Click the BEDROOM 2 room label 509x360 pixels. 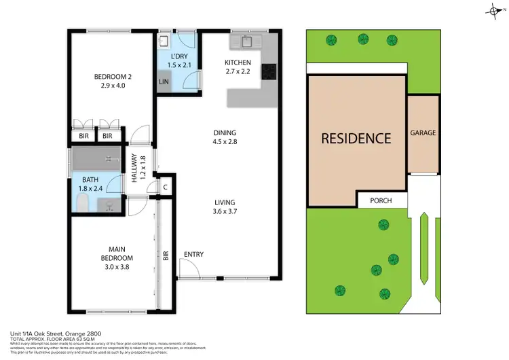pos(113,76)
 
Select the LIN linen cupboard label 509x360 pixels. pos(164,82)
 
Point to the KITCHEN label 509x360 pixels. pos(238,62)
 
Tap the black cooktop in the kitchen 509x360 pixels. pos(269,71)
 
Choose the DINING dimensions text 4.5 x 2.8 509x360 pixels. pos(224,143)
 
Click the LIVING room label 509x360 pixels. pos(225,202)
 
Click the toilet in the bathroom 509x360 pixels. pos(81,203)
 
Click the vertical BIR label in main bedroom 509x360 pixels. pos(165,257)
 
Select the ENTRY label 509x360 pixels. pos(193,255)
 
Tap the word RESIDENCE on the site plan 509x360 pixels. pos(356,138)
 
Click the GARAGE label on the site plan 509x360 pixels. pos(423,133)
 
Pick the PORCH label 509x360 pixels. pos(381,201)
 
